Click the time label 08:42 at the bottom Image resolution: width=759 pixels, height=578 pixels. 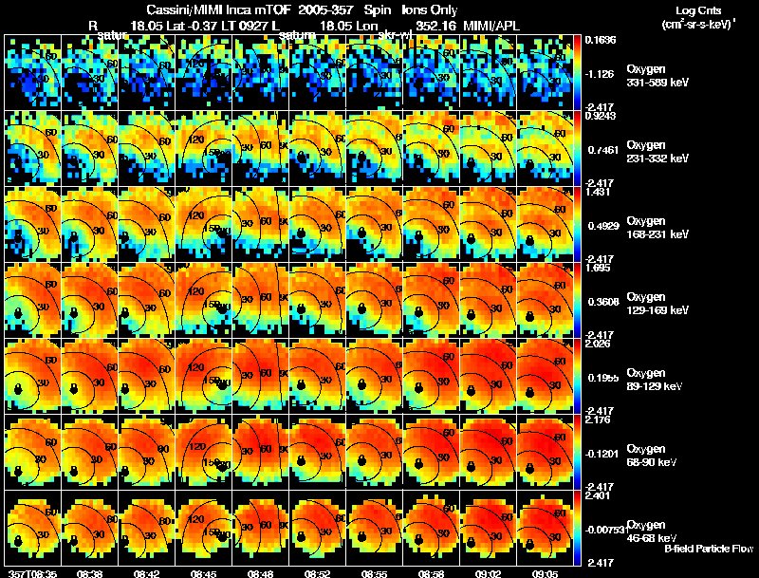pos(146,573)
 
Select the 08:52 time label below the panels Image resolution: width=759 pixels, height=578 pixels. pos(318,573)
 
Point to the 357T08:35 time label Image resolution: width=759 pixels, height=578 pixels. pos(30,573)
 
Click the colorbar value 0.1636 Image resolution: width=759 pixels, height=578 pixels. pos(601,40)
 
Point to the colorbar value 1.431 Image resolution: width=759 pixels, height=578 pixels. pos(599,192)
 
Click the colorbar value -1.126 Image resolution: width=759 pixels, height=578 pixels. pos(601,72)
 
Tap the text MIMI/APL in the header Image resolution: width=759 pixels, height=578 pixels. pos(492,25)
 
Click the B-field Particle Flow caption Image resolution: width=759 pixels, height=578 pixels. pos(708,549)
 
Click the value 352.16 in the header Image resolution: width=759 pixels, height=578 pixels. pos(434,25)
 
